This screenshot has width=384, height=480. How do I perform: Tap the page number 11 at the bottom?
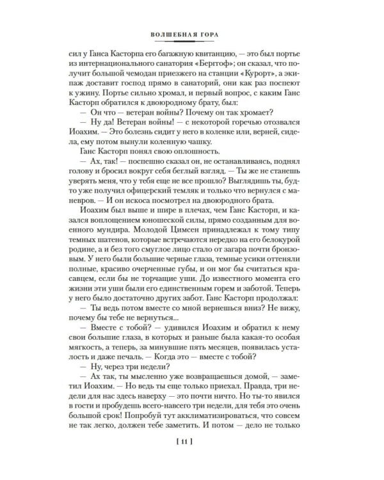(x=192, y=458)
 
